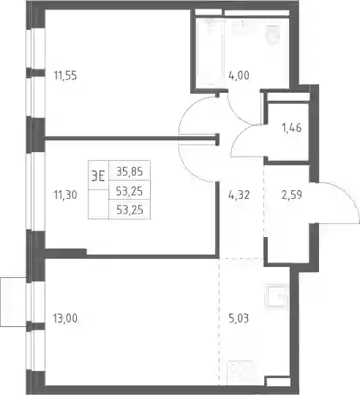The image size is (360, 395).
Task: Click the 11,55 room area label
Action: coord(65,75)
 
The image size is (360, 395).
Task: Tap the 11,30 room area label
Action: coord(65,195)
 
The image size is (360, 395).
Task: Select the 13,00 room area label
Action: coord(65,318)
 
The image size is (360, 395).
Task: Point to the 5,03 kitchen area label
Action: coord(239,318)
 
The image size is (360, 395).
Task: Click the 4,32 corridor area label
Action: coord(239,195)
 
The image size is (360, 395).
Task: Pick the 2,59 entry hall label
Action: coord(292,195)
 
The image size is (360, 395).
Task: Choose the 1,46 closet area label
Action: coord(292,128)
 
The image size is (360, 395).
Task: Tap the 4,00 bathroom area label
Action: coord(239,75)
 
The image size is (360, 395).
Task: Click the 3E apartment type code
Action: coord(98,176)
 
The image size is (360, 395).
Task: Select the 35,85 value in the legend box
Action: coord(130,171)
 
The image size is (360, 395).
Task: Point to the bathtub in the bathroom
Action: coord(210,52)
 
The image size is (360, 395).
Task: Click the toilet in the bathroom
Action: coord(273,33)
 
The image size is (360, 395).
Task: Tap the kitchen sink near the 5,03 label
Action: coord(277,296)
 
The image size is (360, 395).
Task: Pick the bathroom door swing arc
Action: coord(238,115)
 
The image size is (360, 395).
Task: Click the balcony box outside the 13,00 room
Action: coord(13,302)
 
